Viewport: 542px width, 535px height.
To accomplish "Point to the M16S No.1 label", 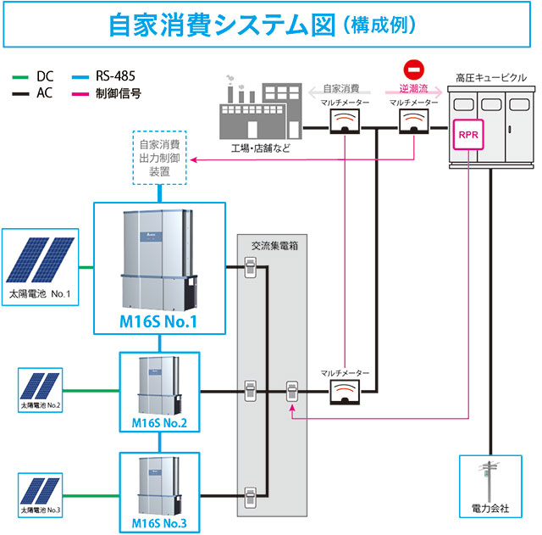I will [x=159, y=322].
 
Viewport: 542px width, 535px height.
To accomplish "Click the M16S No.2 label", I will [x=159, y=423].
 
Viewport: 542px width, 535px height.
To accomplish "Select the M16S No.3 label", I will [x=159, y=521].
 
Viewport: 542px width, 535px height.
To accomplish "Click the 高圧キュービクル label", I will [x=490, y=78].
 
